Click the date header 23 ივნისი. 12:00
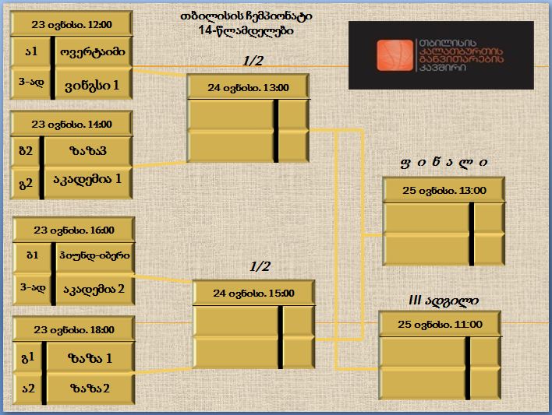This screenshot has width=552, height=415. coord(72,24)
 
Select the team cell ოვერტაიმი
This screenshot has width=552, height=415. coord(94,51)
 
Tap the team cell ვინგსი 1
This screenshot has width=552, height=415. coord(94,84)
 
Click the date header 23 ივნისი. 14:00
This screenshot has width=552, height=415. coord(72,124)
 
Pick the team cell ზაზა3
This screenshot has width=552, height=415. coord(88,151)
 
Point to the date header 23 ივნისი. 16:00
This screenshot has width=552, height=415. coord(74,230)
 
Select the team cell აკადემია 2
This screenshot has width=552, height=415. coord(95,290)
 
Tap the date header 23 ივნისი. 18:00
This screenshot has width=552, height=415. coord(74,329)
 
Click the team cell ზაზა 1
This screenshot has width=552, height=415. coord(90,357)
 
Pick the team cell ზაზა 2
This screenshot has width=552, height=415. coord(90,389)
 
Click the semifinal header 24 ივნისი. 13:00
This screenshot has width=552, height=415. coord(248,87)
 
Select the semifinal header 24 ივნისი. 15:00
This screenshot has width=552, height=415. coord(253,293)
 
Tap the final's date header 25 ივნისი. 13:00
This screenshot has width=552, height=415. coord(444,190)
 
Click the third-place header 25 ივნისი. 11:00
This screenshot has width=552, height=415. coord(440,324)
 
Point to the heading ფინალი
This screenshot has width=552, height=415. coord(444,163)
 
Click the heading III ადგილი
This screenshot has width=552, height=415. coord(444,301)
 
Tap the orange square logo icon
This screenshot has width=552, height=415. coord(395,55)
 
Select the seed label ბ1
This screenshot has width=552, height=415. coord(33,255)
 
